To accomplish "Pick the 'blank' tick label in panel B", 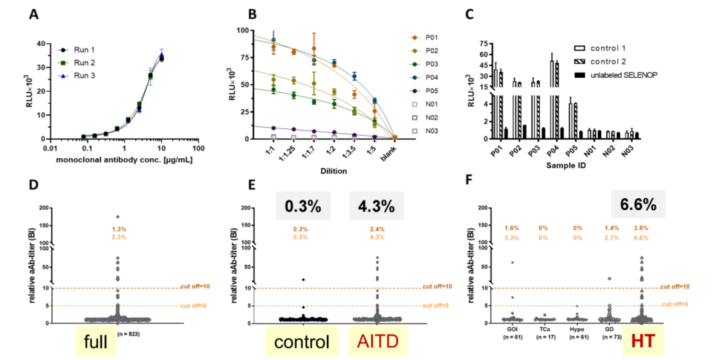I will (395, 151).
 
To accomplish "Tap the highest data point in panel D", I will (117, 216).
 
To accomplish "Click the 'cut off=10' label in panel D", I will (196, 287).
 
